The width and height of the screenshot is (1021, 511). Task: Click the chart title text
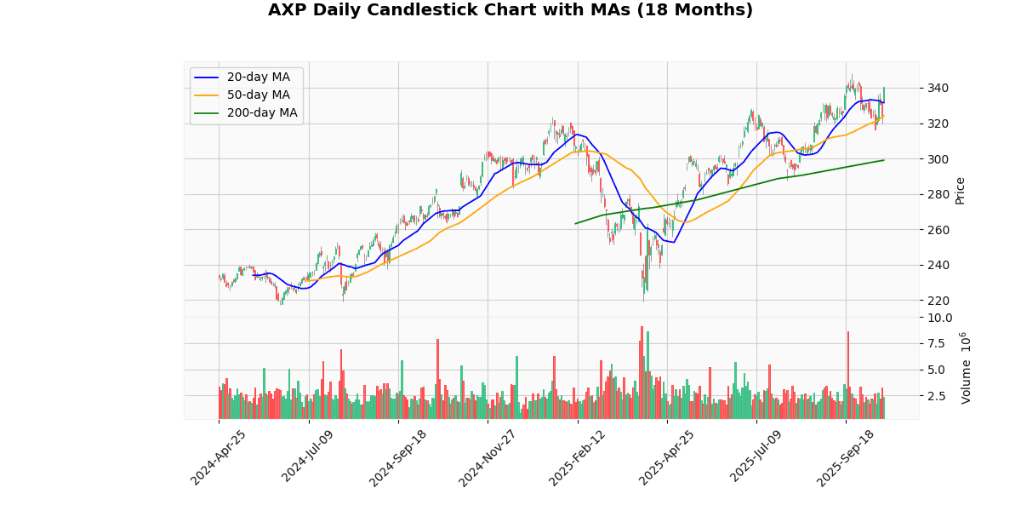(x=510, y=10)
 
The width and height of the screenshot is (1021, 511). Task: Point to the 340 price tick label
(x=938, y=89)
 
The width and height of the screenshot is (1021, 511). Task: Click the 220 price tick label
(x=938, y=301)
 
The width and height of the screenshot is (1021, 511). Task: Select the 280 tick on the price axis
(x=938, y=195)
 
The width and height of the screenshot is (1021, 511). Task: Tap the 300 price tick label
(x=938, y=159)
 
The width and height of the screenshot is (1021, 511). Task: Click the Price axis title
(x=961, y=190)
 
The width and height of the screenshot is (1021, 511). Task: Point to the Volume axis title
(x=966, y=368)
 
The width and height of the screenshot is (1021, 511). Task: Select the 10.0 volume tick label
(x=940, y=318)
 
